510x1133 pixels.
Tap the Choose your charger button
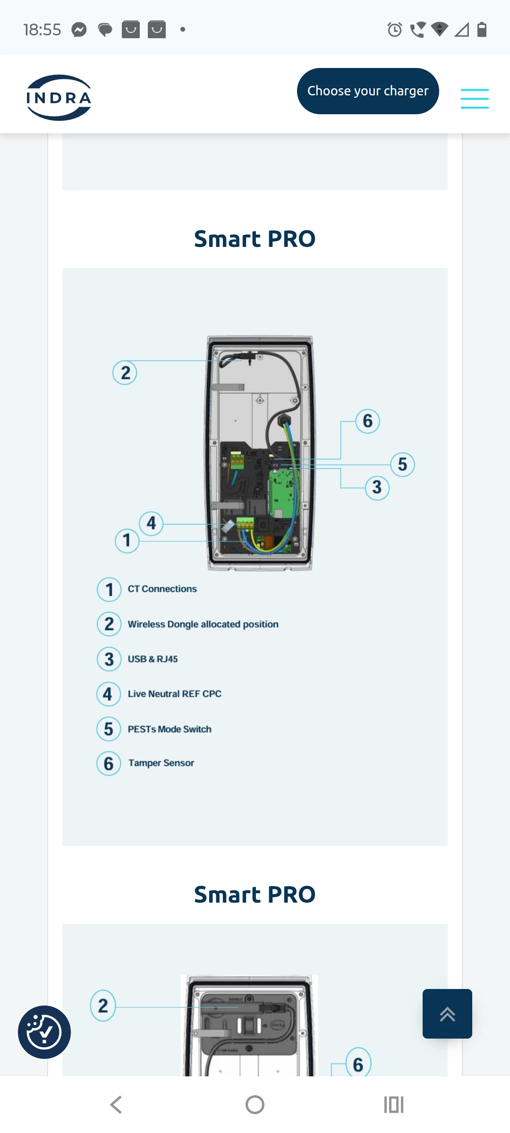tap(368, 91)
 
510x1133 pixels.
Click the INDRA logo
tap(59, 98)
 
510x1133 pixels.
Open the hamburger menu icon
tap(475, 99)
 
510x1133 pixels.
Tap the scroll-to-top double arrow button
tap(447, 1014)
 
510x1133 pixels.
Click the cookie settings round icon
tap(44, 1032)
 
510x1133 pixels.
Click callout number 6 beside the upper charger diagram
tap(367, 421)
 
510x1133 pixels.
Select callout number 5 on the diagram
tap(402, 465)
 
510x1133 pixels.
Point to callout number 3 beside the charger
tap(377, 488)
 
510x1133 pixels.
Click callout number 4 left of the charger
tap(151, 524)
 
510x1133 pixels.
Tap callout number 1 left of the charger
tap(127, 541)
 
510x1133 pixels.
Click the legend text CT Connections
tap(162, 589)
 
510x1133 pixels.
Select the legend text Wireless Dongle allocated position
tap(203, 624)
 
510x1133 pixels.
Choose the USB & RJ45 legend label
tap(153, 659)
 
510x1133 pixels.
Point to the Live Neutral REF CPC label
tap(174, 694)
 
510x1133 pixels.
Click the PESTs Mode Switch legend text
tap(170, 729)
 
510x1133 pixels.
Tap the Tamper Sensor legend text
tap(161, 763)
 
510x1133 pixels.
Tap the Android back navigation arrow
tap(116, 1105)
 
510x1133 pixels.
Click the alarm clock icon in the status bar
tap(395, 30)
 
